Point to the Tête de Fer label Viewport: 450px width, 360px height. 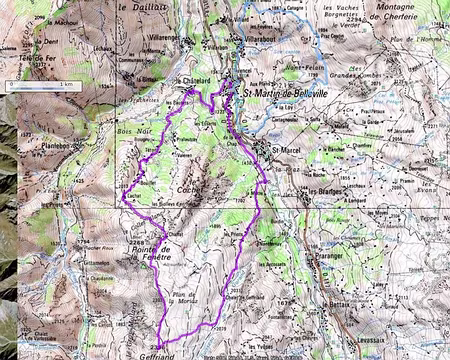(x=25, y=61)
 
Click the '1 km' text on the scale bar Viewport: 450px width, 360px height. (x=66, y=86)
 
